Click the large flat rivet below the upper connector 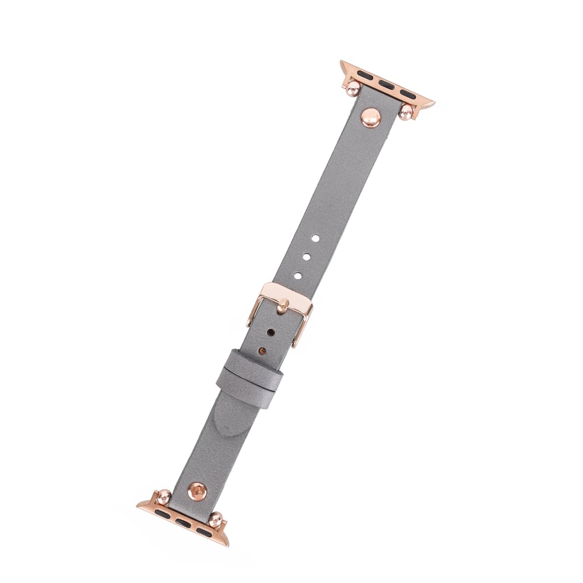coord(371,118)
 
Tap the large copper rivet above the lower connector coord(197,491)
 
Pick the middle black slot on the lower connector coord(183,522)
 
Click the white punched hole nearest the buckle coord(297,275)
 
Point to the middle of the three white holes coord(305,257)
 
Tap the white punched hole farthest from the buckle coord(314,238)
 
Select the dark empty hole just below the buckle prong coord(271,332)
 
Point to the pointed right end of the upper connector coord(431,103)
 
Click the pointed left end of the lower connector coord(140,505)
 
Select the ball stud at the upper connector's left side coord(353,89)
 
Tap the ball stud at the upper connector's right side coord(406,112)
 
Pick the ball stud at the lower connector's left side coord(164,497)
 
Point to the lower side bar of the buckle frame coord(302,329)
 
